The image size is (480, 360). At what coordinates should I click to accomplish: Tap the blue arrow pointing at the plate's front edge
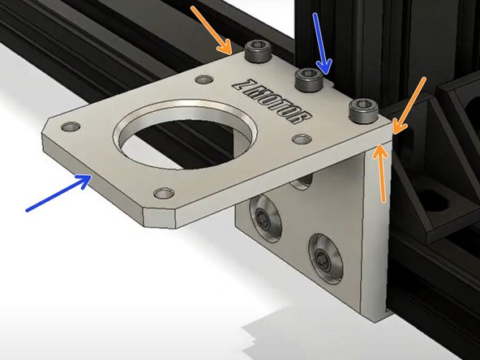58,195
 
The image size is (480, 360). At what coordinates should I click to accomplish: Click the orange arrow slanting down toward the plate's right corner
410,102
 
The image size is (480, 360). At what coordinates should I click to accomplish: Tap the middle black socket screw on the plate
309,79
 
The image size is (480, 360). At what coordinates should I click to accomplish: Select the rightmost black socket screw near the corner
362,108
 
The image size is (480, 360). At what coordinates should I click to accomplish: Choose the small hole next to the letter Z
203,79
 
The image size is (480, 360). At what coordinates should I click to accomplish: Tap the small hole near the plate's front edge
165,193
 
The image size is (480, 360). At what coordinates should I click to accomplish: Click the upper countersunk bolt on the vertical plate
264,216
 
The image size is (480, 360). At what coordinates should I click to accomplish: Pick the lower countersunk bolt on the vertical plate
322,257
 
